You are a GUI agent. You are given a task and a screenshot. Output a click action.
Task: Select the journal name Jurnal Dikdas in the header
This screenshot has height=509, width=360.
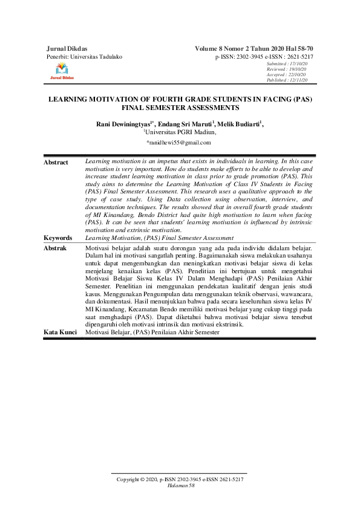pyautogui.click(x=67, y=47)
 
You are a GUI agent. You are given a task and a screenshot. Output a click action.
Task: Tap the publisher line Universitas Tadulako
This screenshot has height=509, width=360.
pyautogui.click(x=84, y=56)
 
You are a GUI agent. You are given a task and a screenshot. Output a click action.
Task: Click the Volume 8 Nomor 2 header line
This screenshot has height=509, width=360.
pyautogui.click(x=254, y=47)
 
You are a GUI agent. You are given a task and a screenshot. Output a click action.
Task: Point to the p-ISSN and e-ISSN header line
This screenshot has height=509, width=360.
pyautogui.click(x=261, y=56)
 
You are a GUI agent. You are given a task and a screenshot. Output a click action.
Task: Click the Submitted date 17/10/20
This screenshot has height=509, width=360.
pyautogui.click(x=288, y=63)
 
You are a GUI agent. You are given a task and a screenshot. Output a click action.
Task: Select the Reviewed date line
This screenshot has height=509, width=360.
pyautogui.click(x=288, y=69)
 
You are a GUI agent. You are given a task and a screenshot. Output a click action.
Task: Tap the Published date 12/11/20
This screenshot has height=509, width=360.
pyautogui.click(x=288, y=80)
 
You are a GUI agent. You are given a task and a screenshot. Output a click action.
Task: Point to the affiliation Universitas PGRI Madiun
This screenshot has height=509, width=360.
pyautogui.click(x=180, y=131)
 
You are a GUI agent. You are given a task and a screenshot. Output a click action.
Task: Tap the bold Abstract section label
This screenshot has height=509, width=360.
pyautogui.click(x=56, y=162)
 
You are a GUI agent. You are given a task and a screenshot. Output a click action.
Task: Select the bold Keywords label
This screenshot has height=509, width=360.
pyautogui.click(x=58, y=238)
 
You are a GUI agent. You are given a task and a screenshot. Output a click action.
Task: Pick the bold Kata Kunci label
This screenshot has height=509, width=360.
pyautogui.click(x=60, y=332)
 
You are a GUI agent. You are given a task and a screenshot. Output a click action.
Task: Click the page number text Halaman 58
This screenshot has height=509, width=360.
pyautogui.click(x=180, y=485)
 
